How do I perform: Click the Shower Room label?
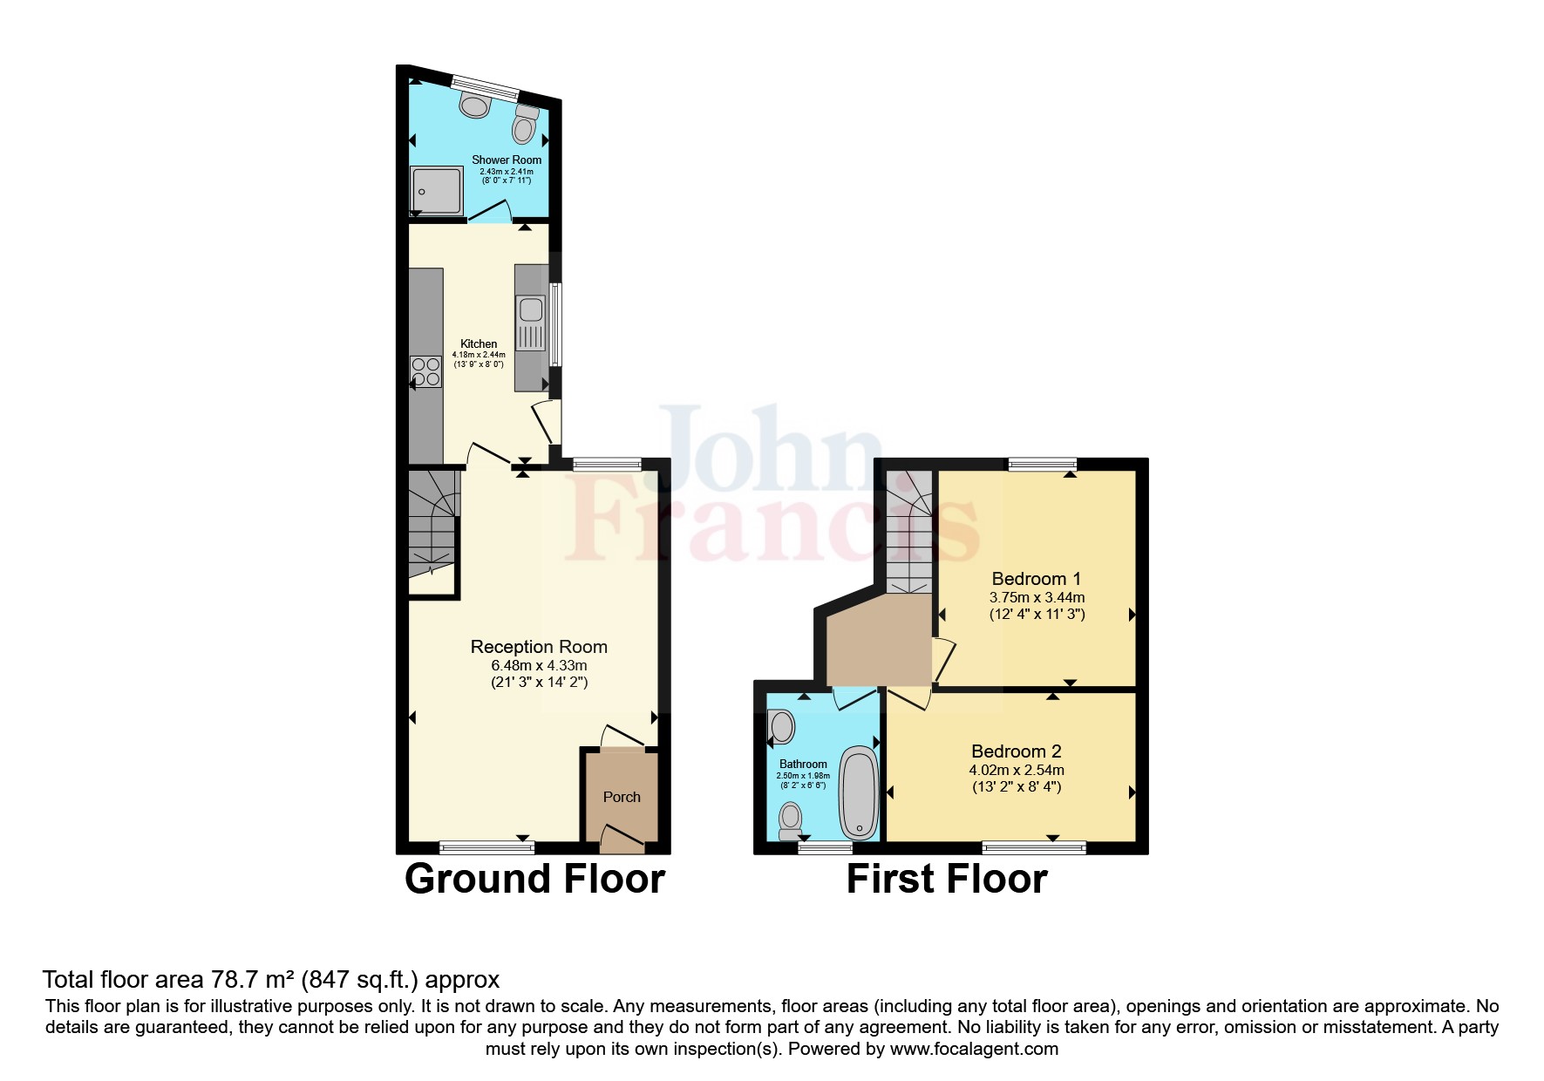[507, 160]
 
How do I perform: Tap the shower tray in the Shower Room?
[436, 190]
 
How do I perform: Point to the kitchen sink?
[530, 309]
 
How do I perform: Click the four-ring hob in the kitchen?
[426, 371]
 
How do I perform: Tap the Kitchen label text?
[479, 343]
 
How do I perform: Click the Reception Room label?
[539, 647]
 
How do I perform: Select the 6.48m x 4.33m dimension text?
[539, 665]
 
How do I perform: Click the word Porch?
[622, 797]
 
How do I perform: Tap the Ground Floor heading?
[534, 879]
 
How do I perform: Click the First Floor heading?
[947, 879]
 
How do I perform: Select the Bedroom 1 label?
[1037, 579]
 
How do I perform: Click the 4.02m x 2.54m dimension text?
[1017, 770]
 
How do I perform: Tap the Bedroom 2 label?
[1017, 751]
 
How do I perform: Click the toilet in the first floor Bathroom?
[790, 819]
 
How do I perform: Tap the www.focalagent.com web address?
[974, 1049]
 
